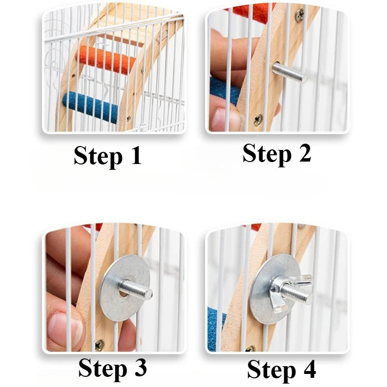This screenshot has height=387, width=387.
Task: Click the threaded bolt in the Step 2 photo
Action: pyautogui.click(x=289, y=73)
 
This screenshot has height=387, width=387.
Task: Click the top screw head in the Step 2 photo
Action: pyautogui.click(x=300, y=15)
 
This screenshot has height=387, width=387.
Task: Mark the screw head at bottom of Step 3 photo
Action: pyautogui.click(x=99, y=345)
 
